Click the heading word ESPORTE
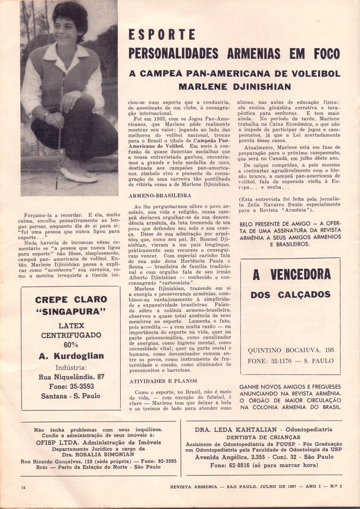click(x=162, y=35)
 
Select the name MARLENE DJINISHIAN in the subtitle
click(x=234, y=87)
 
